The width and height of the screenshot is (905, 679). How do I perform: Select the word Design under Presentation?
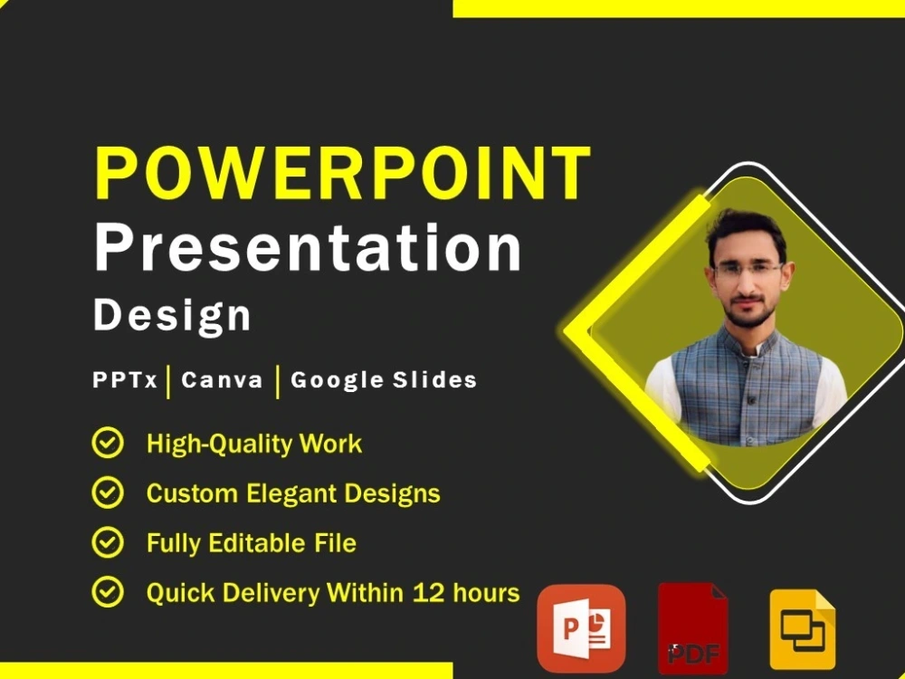172,315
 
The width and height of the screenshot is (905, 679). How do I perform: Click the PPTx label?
126,380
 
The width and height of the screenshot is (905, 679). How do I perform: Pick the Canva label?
222,380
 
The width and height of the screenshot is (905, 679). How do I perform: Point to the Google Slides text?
383,380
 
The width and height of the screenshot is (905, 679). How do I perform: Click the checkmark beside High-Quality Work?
109,444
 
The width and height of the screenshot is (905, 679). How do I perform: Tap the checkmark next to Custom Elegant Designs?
109,493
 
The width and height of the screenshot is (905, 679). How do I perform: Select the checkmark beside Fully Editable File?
109,543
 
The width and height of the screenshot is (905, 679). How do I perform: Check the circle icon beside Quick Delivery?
109,593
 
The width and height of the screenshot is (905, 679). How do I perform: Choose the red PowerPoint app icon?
581,627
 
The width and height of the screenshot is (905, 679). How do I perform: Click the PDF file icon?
692,629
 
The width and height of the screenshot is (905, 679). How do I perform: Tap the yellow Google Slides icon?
802,628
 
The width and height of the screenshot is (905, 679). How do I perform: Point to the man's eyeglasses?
748,269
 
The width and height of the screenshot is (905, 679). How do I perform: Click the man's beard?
749,312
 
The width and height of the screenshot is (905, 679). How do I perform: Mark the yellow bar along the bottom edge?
226,670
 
